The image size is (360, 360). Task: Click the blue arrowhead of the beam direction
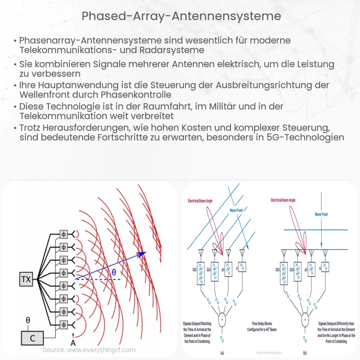pyautogui.click(x=143, y=254)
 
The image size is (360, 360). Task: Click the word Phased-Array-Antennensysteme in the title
pyautogui.click(x=181, y=16)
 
